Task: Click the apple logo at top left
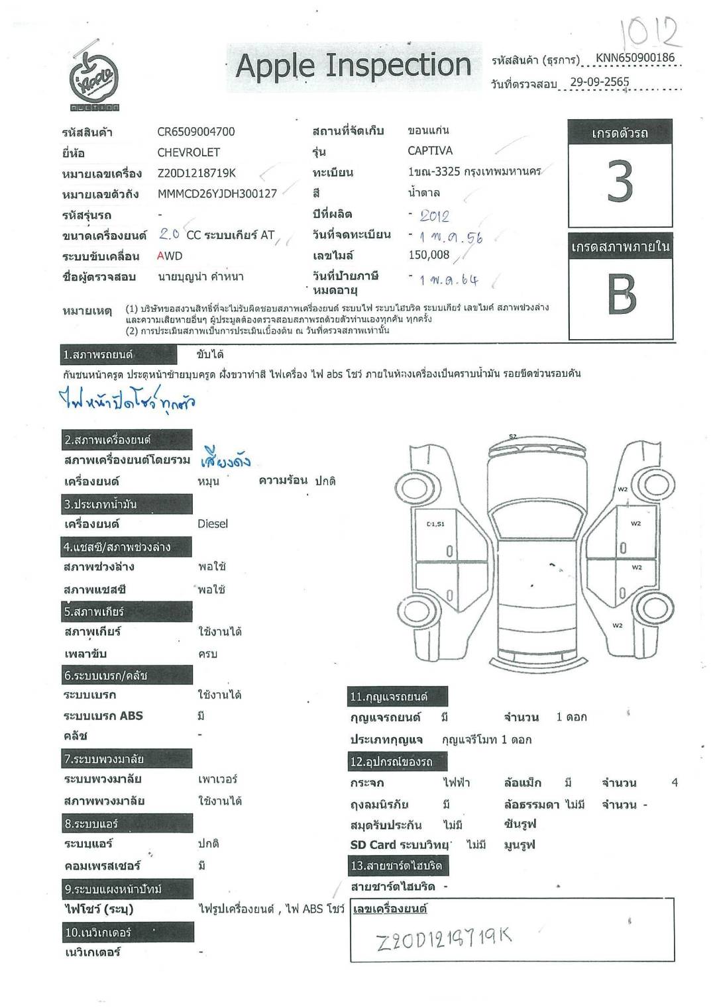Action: (94, 77)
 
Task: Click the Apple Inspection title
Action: (353, 66)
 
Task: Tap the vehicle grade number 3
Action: (620, 181)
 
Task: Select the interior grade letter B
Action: (621, 294)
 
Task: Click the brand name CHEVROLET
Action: (188, 152)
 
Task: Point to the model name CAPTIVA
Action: (430, 151)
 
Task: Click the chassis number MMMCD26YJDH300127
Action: (217, 194)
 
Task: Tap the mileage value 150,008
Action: (429, 255)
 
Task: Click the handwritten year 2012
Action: (434, 216)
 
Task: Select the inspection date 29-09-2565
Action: (600, 83)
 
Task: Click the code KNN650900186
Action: (635, 58)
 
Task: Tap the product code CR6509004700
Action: (195, 132)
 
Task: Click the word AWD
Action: (170, 256)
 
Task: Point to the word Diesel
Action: (212, 524)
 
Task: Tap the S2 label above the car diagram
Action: (513, 436)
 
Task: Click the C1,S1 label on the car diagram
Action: (435, 524)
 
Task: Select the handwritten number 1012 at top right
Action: (649, 32)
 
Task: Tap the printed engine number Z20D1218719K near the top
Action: (196, 174)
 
